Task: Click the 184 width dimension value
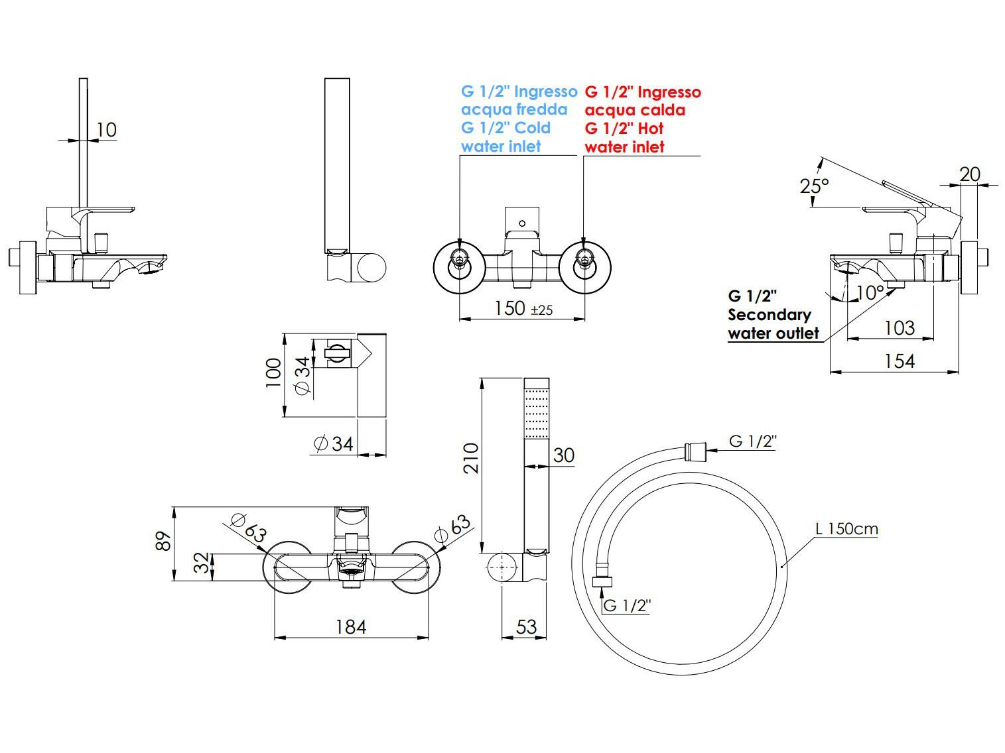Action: click(351, 627)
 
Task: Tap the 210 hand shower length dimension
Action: click(471, 458)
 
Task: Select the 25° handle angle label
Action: click(815, 186)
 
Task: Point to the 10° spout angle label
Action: click(870, 293)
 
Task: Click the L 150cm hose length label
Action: click(846, 530)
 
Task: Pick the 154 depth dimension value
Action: click(900, 361)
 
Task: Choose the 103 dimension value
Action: click(900, 328)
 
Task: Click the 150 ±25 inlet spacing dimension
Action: click(523, 308)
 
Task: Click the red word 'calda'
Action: click(663, 110)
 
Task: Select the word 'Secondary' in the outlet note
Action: click(770, 316)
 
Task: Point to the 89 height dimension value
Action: click(164, 541)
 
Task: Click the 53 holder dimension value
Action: click(526, 627)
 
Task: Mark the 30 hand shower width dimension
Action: click(564, 455)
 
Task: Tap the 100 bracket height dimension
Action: click(273, 373)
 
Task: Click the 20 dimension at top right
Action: click(970, 174)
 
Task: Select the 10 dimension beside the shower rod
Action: click(106, 130)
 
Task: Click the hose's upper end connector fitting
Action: click(695, 451)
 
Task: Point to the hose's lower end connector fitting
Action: click(602, 582)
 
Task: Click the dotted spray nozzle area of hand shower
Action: click(536, 414)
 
